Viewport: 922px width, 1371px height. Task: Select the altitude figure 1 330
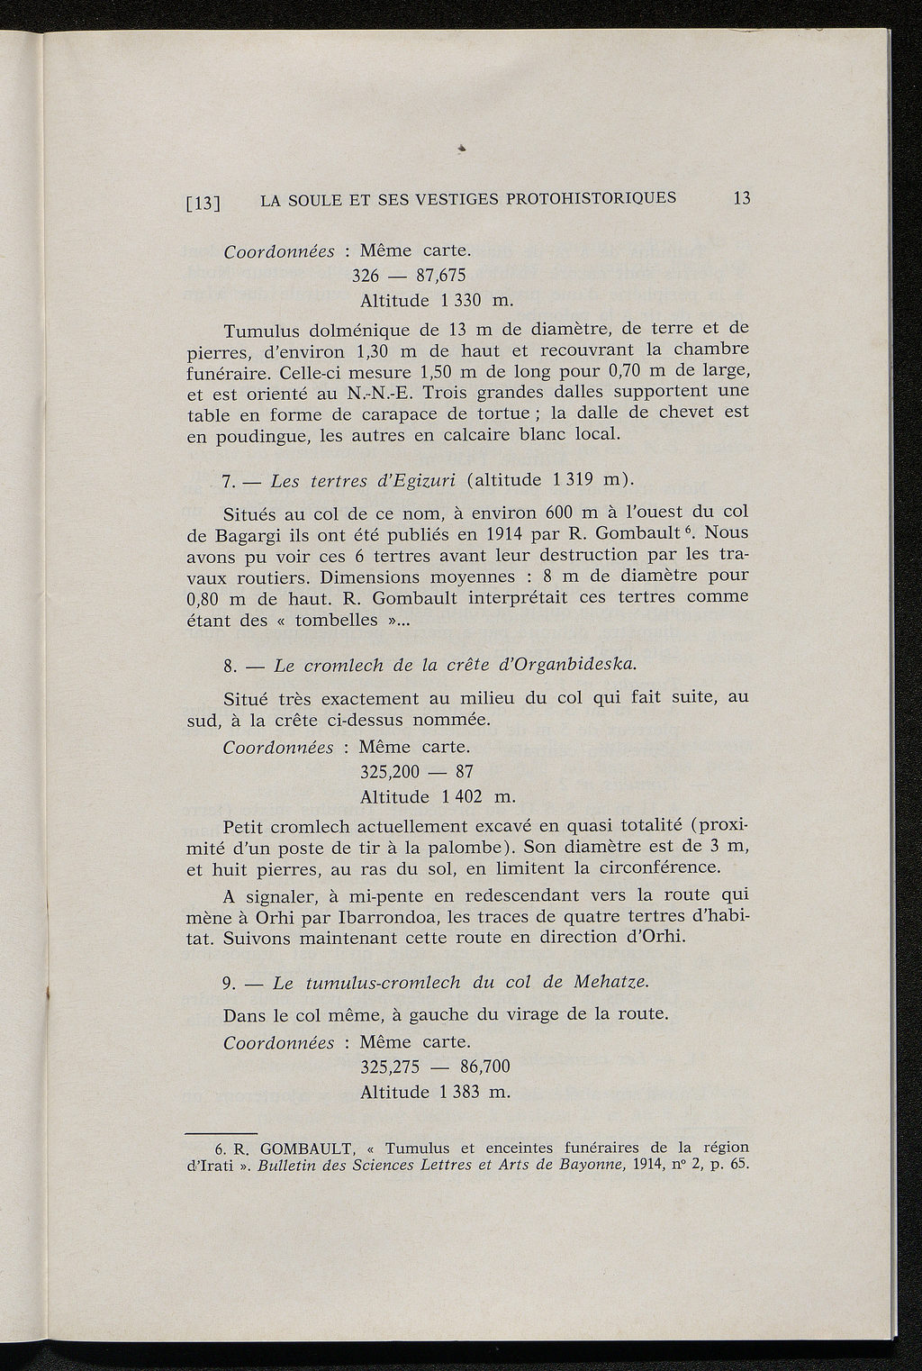(460, 299)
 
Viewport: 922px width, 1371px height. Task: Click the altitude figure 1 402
(460, 796)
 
